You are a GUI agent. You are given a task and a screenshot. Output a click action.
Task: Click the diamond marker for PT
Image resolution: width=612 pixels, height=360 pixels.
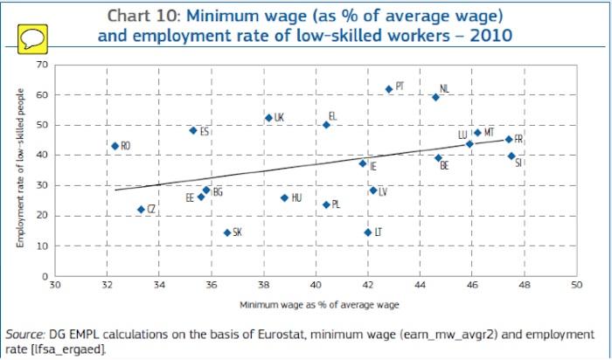point(389,89)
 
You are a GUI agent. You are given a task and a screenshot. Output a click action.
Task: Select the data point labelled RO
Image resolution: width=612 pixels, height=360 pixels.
point(115,146)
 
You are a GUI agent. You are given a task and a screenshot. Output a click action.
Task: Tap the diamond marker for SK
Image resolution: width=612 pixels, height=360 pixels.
point(227,232)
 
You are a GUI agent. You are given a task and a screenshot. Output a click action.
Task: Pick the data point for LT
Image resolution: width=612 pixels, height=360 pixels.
point(367,232)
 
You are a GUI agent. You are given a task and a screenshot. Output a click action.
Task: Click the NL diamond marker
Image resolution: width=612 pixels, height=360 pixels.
point(435,97)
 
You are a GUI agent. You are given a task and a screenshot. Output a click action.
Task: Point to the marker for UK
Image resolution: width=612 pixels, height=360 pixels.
point(268,118)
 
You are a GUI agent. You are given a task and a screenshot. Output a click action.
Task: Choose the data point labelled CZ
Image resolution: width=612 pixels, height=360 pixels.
point(142,210)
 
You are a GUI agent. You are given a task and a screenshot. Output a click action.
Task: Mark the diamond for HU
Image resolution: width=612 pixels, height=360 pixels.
point(284,198)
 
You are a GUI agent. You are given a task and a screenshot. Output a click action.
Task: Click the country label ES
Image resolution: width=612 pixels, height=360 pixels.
point(205,132)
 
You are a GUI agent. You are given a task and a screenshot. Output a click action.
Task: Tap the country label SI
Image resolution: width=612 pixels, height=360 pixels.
point(519,163)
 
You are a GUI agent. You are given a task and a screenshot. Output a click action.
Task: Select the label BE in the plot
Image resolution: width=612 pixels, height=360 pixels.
point(444,165)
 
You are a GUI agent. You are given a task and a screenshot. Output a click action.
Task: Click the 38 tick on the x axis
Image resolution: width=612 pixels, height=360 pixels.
point(263,286)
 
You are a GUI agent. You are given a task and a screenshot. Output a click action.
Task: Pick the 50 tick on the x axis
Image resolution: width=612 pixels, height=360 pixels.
point(575,286)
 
